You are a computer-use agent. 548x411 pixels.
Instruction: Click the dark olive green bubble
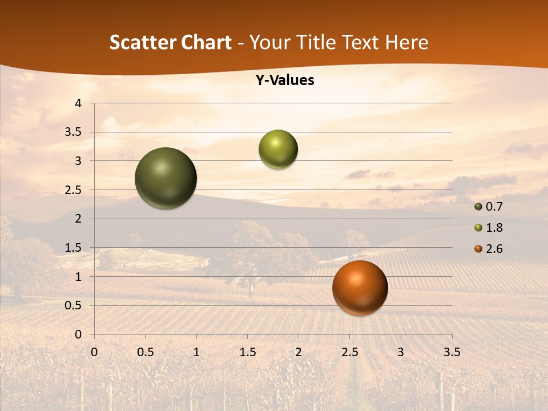(166, 178)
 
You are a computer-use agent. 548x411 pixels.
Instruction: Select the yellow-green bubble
(278, 150)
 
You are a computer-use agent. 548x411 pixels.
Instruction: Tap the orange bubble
(360, 288)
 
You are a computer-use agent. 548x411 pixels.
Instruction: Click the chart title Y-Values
(284, 80)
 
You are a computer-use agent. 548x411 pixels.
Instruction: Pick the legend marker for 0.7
(478, 207)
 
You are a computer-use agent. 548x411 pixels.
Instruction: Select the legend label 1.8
(494, 228)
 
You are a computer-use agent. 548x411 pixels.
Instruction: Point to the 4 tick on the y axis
(79, 103)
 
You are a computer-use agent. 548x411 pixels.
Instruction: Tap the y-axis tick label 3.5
(74, 132)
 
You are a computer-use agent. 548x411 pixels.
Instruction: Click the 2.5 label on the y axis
(74, 190)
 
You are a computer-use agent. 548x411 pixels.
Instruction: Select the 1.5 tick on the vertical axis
(74, 248)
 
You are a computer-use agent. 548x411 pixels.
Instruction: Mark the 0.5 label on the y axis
(74, 305)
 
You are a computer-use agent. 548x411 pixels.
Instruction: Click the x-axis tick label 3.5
(452, 352)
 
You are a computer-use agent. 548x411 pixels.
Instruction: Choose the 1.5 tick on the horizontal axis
(247, 352)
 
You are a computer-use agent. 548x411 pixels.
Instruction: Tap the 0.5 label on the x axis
(145, 352)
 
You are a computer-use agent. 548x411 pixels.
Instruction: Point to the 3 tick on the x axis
(401, 352)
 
